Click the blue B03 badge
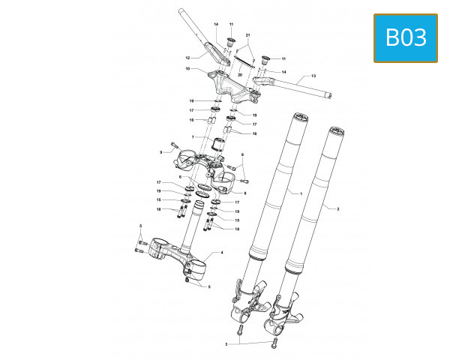(x=405, y=37)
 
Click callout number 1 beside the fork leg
(x=301, y=193)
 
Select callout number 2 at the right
(x=338, y=208)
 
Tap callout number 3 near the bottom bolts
(x=226, y=344)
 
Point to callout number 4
(x=222, y=253)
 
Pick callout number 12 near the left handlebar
(x=188, y=57)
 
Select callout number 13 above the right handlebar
(x=313, y=76)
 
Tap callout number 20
(x=239, y=76)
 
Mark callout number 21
(x=248, y=35)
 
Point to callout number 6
(x=180, y=177)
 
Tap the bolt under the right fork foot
(x=274, y=343)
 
